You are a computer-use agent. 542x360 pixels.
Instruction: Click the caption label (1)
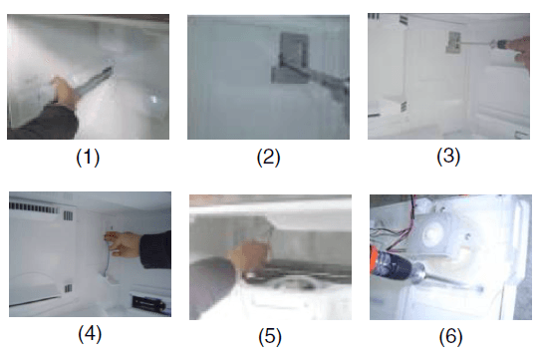[88, 157]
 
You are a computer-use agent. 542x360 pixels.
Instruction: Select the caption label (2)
[268, 157]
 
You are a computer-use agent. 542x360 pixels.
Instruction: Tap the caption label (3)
[448, 157]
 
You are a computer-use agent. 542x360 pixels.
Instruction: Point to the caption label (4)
[90, 334]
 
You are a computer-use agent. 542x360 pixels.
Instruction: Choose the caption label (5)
[270, 337]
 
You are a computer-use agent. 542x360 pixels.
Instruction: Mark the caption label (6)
[450, 337]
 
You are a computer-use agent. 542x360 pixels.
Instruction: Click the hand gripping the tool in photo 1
[65, 92]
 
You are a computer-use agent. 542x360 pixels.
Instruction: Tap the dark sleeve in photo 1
[43, 122]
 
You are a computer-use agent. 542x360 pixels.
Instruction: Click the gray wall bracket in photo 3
[452, 42]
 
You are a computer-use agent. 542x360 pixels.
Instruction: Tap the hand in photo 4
[123, 242]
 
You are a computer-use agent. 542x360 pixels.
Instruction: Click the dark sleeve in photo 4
[154, 249]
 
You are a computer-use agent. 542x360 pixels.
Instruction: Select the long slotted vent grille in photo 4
[34, 207]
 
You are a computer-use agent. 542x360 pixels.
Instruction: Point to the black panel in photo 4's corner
[149, 303]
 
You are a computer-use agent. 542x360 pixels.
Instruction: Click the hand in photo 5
[248, 256]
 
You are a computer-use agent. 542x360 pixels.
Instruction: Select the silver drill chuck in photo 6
[417, 271]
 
